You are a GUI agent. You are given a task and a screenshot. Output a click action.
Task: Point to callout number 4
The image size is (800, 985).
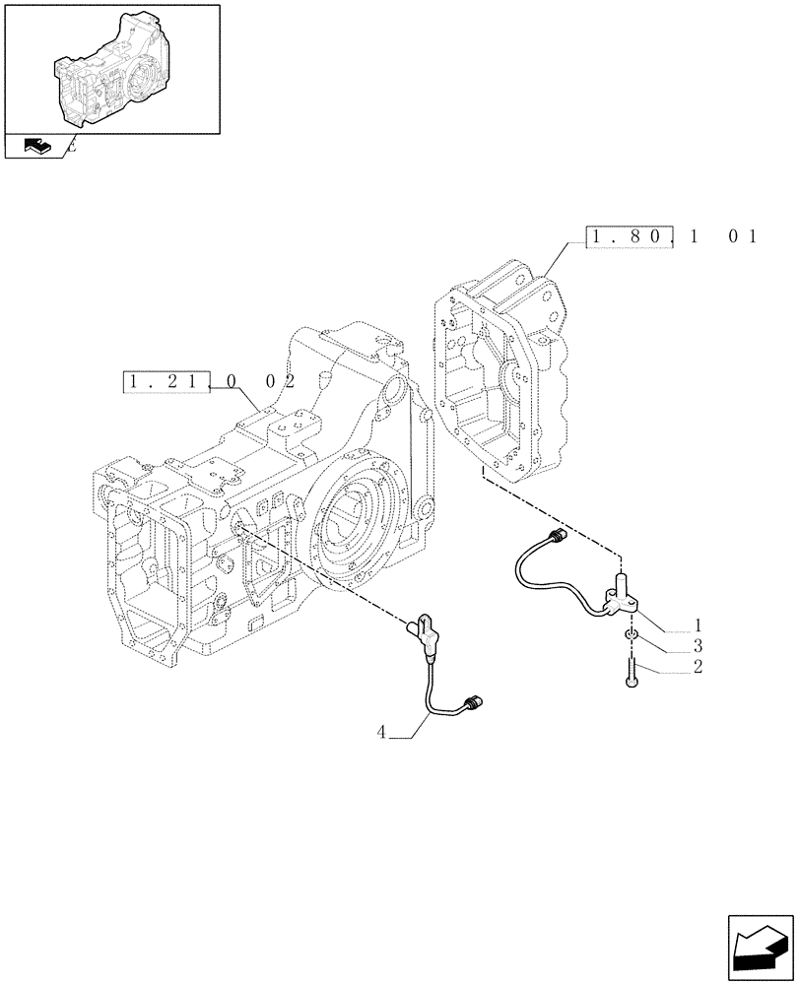pos(380,731)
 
